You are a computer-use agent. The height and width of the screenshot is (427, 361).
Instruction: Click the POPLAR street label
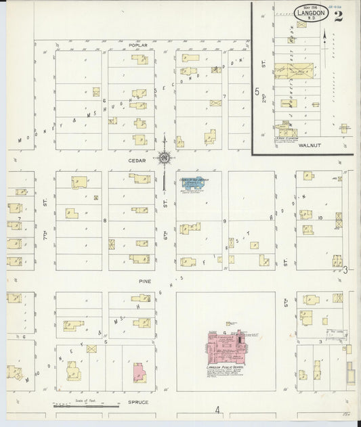tap(137, 45)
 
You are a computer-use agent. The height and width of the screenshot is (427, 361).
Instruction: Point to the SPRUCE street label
tap(137, 402)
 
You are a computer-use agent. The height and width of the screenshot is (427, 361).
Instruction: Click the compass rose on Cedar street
tap(165, 158)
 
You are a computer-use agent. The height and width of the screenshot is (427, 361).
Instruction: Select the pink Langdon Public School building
tap(224, 346)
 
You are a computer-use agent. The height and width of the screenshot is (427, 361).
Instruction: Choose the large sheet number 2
tap(337, 16)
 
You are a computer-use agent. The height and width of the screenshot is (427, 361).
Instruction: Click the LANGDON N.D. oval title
tap(312, 13)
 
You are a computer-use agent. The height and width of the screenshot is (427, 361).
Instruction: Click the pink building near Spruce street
tap(140, 372)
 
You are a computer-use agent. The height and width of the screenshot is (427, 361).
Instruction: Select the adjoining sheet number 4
tap(218, 410)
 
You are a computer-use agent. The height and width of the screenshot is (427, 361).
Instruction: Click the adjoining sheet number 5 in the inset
tap(257, 90)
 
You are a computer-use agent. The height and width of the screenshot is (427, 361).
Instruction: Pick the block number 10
tap(320, 218)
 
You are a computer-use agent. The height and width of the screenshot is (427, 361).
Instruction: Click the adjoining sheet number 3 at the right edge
tap(345, 270)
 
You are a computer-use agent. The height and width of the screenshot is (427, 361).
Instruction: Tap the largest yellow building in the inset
tap(292, 72)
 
